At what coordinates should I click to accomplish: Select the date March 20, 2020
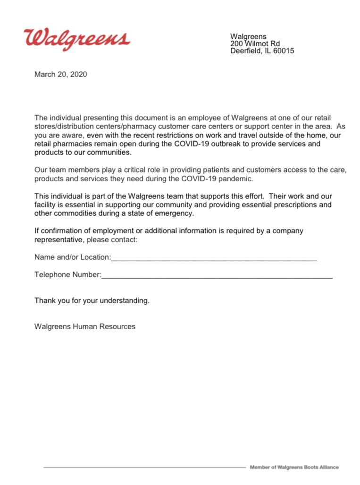click(60, 74)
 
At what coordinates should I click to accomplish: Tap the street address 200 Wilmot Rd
click(255, 43)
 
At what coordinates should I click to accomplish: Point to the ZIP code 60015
click(284, 51)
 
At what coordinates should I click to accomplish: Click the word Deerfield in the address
click(246, 51)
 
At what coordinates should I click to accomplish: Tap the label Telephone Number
click(67, 275)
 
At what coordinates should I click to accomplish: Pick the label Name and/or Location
click(72, 257)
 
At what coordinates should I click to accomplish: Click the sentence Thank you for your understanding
click(92, 300)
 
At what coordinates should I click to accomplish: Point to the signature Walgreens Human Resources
click(84, 326)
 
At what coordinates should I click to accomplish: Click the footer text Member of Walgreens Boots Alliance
click(294, 467)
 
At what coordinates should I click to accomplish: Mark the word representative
click(59, 240)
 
